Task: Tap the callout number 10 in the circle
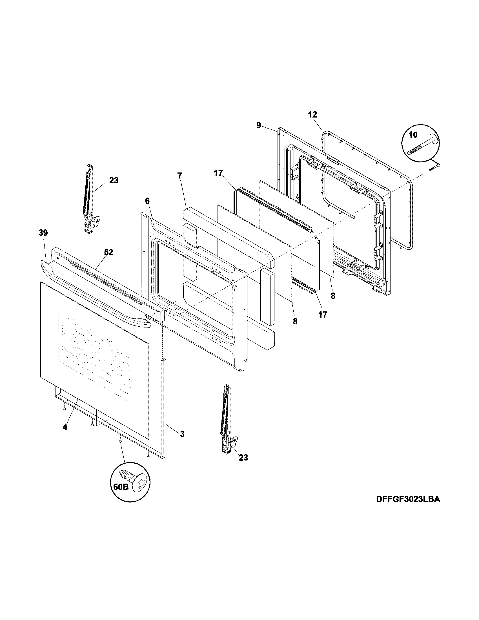coord(413,134)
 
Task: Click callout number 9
coord(258,125)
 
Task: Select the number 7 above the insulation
coord(180,176)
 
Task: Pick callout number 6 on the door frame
coord(147,201)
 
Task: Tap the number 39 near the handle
coord(43,232)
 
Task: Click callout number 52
coord(108,253)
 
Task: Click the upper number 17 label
coord(218,173)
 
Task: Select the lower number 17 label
coord(323,314)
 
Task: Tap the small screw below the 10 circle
coord(434,167)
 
